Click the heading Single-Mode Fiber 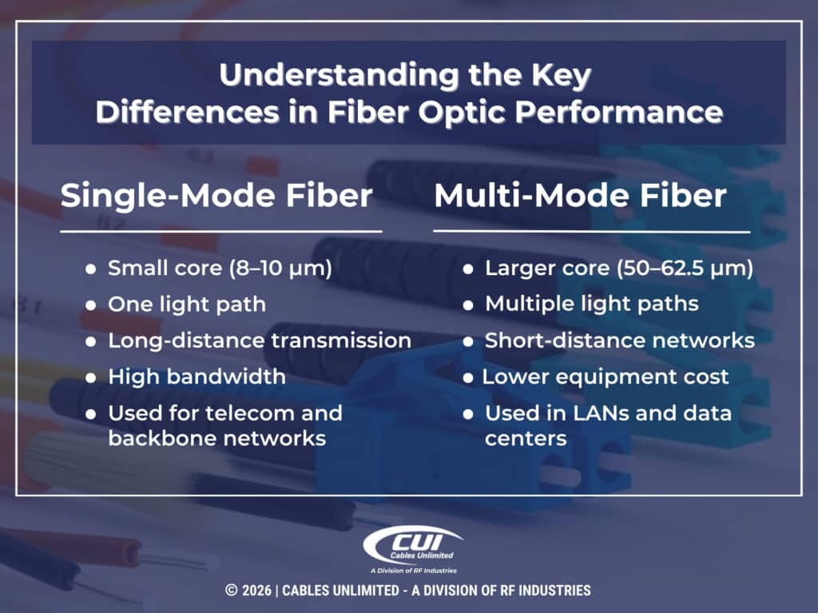pyautogui.click(x=216, y=196)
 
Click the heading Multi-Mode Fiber pyautogui.click(x=580, y=196)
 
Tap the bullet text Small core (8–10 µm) pyautogui.click(x=220, y=269)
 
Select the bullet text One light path pyautogui.click(x=187, y=305)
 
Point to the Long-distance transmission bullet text pyautogui.click(x=260, y=340)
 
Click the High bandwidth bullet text pyautogui.click(x=197, y=376)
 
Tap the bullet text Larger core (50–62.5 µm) pyautogui.click(x=619, y=269)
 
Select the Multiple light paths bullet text pyautogui.click(x=592, y=305)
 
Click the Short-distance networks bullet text pyautogui.click(x=619, y=340)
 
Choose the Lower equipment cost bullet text pyautogui.click(x=606, y=376)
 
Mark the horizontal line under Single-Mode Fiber pyautogui.click(x=220, y=231)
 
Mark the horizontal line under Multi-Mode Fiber pyautogui.click(x=591, y=232)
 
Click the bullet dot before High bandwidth pyautogui.click(x=91, y=377)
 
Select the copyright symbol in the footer pyautogui.click(x=232, y=591)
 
